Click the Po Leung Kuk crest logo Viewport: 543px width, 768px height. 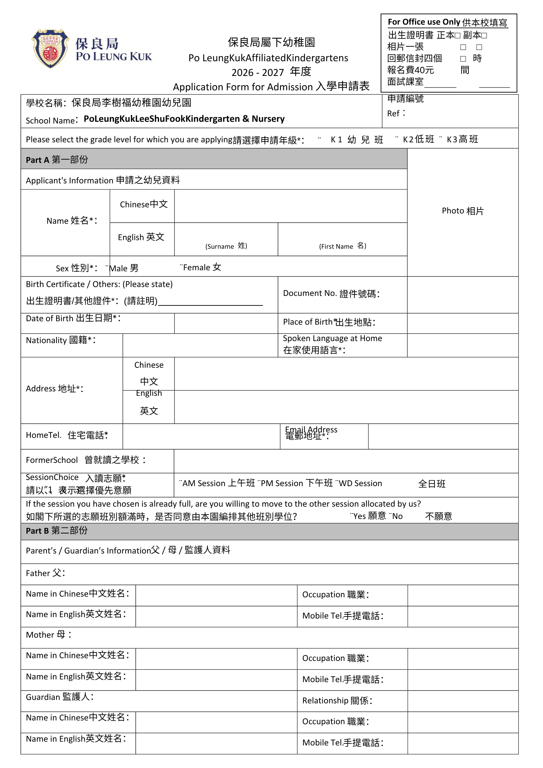(x=50, y=49)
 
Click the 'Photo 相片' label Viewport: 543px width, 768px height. (x=463, y=211)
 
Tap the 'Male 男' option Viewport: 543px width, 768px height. (x=123, y=268)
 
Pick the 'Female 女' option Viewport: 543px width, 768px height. (x=202, y=268)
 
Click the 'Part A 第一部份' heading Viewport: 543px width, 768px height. (x=57, y=160)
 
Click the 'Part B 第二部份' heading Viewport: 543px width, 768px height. (x=57, y=531)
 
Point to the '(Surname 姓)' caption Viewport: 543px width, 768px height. (x=226, y=246)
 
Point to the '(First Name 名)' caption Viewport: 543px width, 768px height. (x=342, y=246)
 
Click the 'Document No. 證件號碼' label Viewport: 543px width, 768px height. (x=331, y=294)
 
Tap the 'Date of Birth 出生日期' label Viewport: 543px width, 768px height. (x=73, y=318)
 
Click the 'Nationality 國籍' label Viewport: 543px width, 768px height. (x=61, y=340)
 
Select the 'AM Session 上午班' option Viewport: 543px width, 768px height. (x=218, y=483)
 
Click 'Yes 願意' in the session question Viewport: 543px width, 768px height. (x=369, y=516)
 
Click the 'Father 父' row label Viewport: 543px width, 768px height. (x=46, y=573)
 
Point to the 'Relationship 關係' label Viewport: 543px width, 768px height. (x=337, y=700)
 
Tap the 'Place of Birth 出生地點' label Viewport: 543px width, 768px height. (x=329, y=322)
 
